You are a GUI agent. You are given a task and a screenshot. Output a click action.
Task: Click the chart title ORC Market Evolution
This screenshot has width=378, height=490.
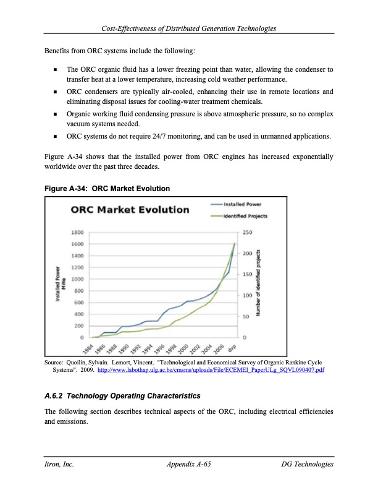(x=130, y=209)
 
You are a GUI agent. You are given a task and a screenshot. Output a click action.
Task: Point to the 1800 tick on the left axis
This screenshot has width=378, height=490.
(x=78, y=233)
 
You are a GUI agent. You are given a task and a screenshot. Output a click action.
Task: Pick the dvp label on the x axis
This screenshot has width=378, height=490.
(x=232, y=347)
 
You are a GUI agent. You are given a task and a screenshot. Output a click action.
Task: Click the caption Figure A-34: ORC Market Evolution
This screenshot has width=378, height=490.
(x=107, y=188)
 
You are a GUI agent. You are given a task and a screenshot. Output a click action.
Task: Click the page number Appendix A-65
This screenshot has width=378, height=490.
(x=189, y=464)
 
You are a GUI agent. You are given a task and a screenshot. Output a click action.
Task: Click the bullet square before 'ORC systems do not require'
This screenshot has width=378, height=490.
(x=56, y=137)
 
